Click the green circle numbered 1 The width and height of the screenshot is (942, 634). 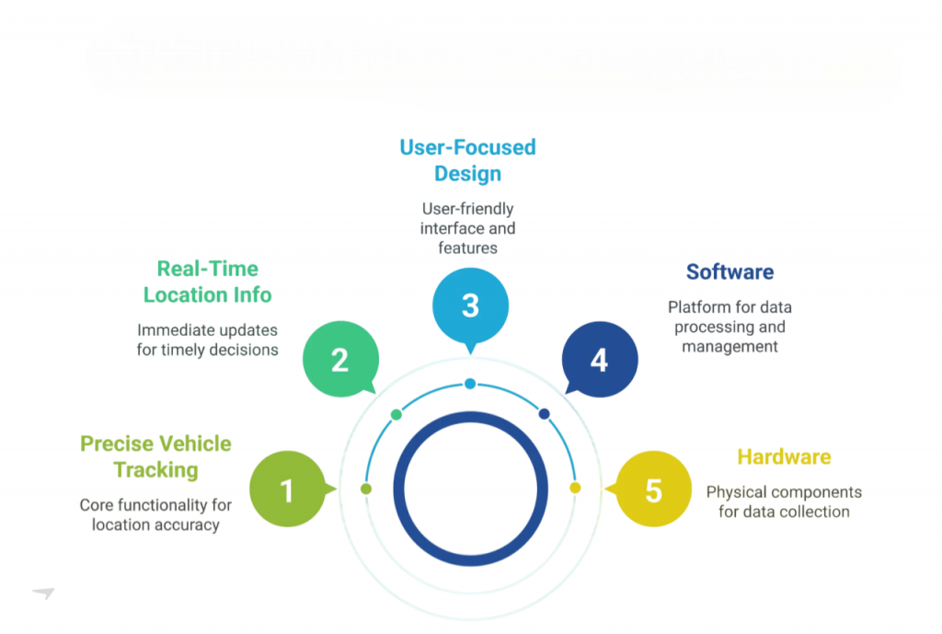[287, 490]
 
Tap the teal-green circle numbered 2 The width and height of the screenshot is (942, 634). [339, 359]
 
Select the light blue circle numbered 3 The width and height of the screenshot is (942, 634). [470, 305]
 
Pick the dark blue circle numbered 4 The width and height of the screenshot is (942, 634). [599, 359]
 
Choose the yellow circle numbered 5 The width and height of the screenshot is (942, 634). [652, 490]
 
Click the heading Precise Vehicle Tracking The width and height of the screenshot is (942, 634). [155, 456]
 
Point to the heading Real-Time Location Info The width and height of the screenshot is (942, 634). [207, 282]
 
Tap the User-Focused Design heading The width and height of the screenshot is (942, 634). [467, 160]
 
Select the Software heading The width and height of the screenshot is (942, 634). [729, 271]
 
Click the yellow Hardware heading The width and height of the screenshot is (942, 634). [784, 456]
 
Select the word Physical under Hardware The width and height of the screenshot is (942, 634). [734, 492]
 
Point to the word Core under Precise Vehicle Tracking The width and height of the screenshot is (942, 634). [96, 505]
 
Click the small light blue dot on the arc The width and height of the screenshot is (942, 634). [470, 383]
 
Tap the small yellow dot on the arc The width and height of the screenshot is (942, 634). [575, 488]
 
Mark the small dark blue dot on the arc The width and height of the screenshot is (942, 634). [544, 414]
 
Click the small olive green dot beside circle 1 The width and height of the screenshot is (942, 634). [366, 489]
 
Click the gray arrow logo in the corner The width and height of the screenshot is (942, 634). [43, 594]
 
